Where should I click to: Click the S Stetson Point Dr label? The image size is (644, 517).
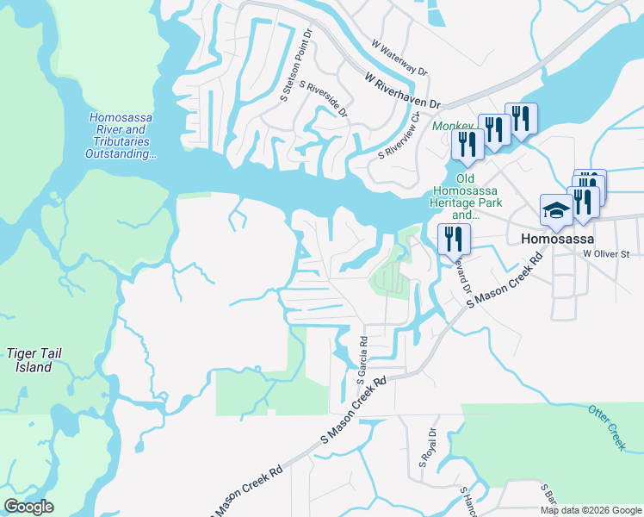click(x=295, y=65)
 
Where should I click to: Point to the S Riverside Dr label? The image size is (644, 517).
click(x=324, y=100)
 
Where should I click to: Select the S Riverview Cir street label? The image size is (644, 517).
click(x=404, y=134)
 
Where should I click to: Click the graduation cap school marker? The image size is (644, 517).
click(x=556, y=211)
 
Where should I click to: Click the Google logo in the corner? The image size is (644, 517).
click(x=29, y=506)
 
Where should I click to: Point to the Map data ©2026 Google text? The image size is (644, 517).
click(x=590, y=510)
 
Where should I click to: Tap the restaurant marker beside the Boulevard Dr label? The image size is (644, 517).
click(x=454, y=240)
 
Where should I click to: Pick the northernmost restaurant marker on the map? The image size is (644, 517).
click(x=521, y=119)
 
